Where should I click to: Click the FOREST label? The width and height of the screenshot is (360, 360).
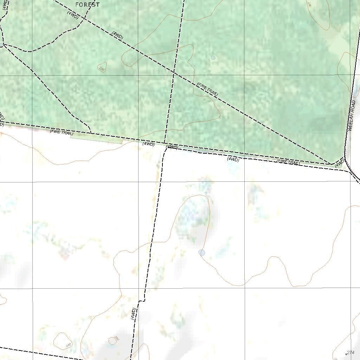(88, 5)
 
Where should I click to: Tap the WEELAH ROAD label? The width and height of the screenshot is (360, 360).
(352, 116)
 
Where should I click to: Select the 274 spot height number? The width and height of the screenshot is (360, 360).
(351, 352)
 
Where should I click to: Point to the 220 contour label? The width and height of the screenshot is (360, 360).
(102, 69)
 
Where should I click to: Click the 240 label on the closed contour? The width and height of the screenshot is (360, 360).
(68, 345)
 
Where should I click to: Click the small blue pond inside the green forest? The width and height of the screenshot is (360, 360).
(213, 58)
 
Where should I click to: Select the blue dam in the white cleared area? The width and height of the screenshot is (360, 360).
(202, 252)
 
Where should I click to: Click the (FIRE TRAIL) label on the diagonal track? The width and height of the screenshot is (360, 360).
(207, 89)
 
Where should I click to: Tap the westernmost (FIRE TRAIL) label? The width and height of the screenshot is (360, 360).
(62, 132)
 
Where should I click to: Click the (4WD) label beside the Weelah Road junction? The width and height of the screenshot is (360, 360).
(339, 163)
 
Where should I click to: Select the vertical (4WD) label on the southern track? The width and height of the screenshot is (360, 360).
(133, 313)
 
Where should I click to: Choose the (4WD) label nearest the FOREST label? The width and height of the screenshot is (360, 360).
(73, 15)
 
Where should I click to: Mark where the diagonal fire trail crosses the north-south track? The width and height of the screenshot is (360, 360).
(174, 73)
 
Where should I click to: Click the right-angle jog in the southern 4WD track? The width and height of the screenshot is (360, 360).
(142, 301)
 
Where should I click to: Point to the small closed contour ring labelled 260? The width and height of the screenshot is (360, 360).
(113, 340)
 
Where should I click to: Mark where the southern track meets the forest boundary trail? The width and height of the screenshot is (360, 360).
(166, 144)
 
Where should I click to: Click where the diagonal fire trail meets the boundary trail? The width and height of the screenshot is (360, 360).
(330, 164)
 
